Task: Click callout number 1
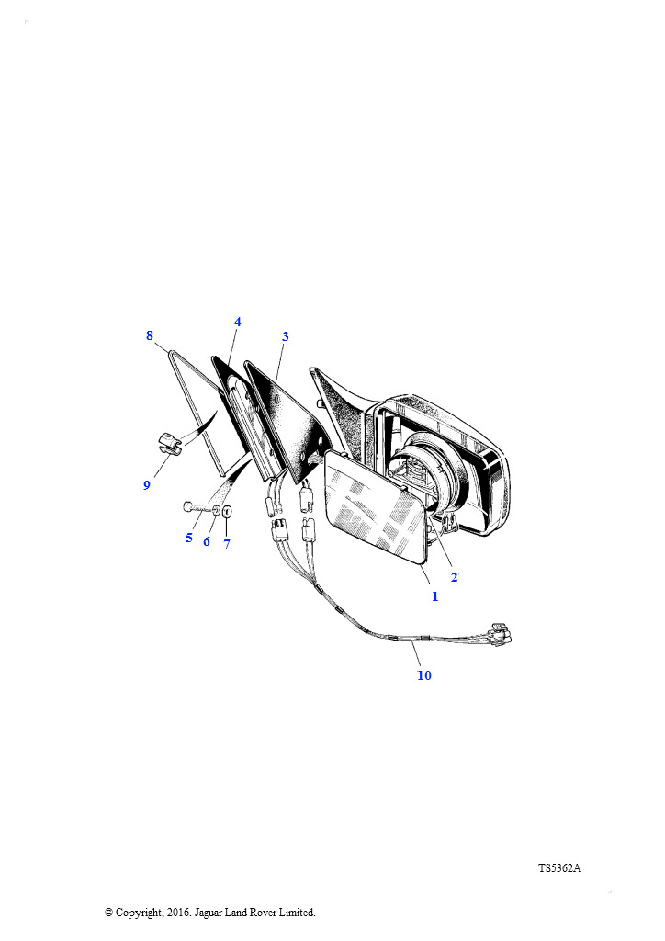(434, 596)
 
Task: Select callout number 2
(454, 577)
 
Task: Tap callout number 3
(286, 336)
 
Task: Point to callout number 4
(238, 322)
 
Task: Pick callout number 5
(189, 538)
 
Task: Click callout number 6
(207, 541)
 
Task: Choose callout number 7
(226, 544)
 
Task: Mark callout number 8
(150, 335)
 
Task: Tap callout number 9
(146, 484)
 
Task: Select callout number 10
(424, 675)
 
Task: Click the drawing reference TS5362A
(559, 867)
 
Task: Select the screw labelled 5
(195, 507)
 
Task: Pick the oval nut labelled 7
(227, 512)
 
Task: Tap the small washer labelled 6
(216, 510)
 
